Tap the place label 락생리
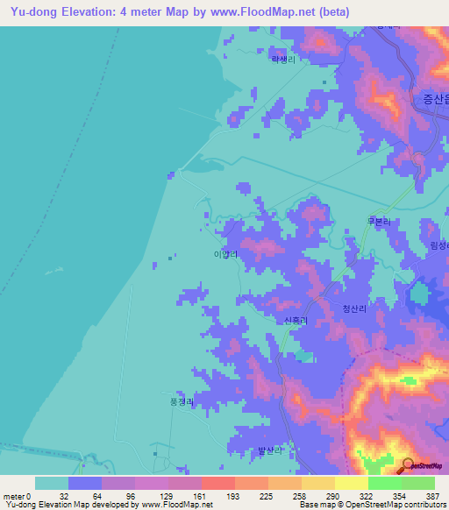click(283, 60)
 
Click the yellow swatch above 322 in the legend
click(351, 483)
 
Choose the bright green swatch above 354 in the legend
click(384, 483)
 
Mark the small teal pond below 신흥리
click(303, 356)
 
